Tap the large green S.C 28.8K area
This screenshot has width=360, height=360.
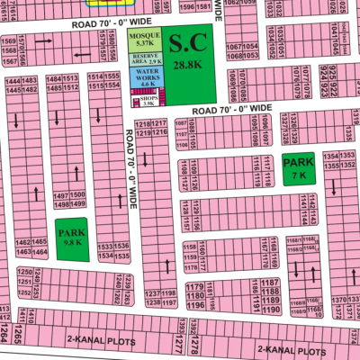pyautogui.click(x=190, y=54)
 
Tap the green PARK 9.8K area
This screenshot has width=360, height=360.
pyautogui.click(x=71, y=238)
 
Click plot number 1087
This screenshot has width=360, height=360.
pyautogui.click(x=181, y=125)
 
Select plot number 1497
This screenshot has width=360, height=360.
pyautogui.click(x=62, y=195)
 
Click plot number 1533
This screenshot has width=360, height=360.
pyautogui.click(x=105, y=247)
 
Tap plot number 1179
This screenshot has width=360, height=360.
pyautogui.click(x=193, y=286)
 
